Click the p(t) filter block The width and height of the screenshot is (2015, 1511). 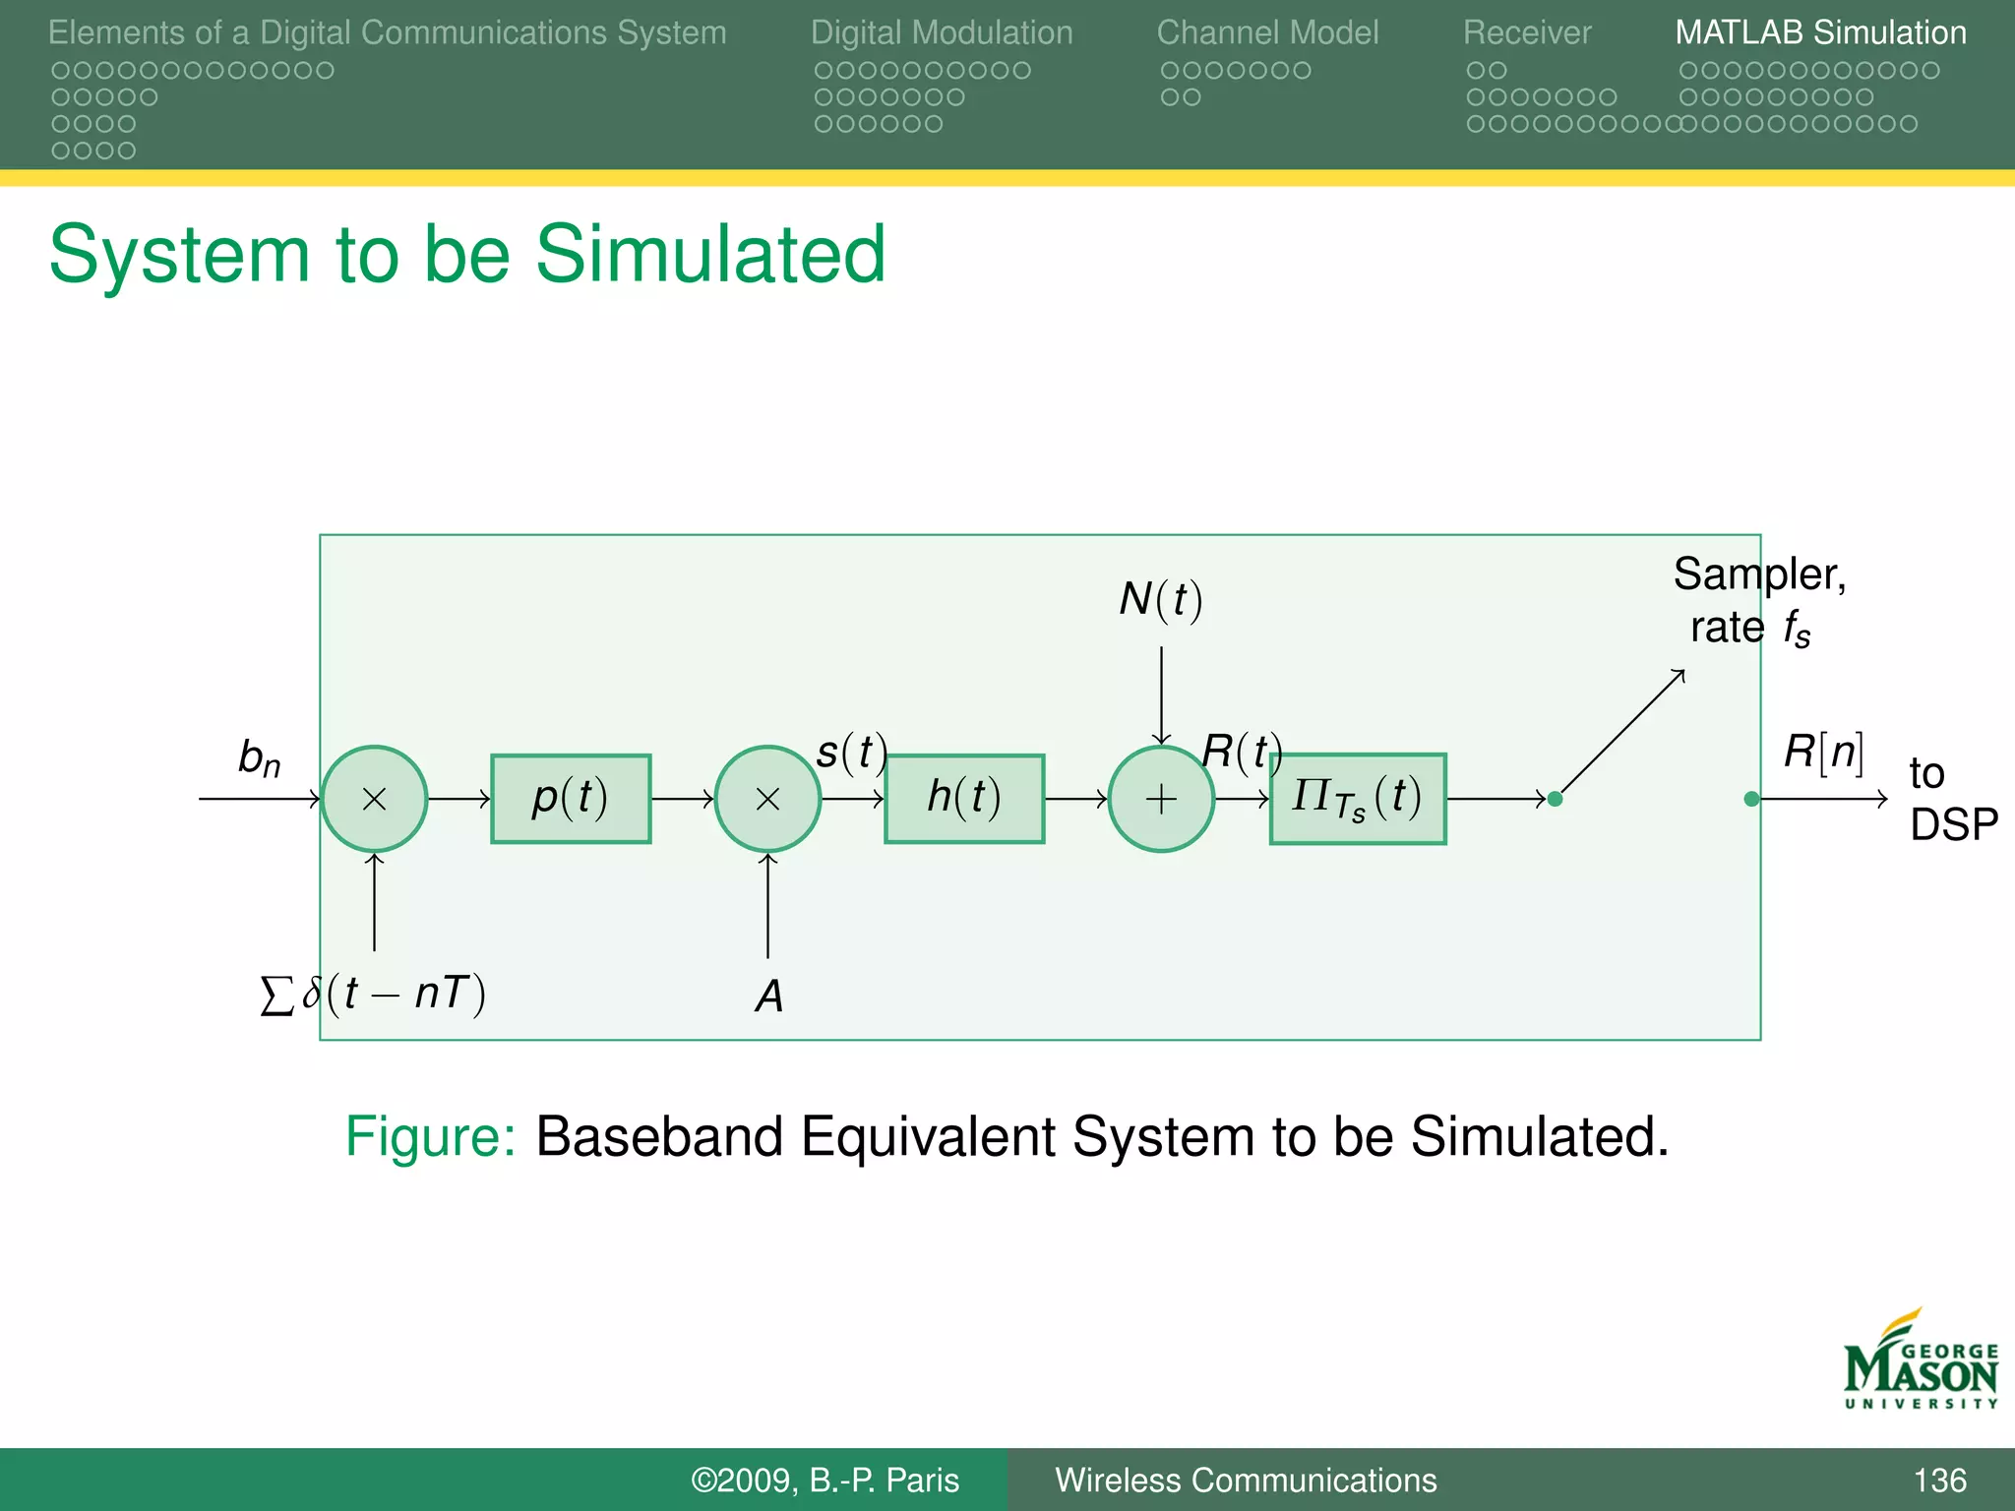pos(571,798)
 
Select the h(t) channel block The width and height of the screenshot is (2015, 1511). pos(964,798)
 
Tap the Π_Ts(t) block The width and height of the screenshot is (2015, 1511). pos(1358,798)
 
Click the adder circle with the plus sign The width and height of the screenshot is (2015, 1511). pos(1161,798)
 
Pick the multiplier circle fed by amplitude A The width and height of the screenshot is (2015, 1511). pos(767,798)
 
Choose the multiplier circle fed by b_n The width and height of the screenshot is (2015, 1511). pos(374,798)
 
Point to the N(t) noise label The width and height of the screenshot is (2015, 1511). pos(1161,599)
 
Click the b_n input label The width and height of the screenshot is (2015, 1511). pos(259,757)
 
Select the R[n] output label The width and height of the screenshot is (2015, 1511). pos(1824,753)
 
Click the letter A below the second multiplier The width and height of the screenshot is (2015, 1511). pos(769,997)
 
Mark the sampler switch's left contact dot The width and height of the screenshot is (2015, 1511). pos(1555,799)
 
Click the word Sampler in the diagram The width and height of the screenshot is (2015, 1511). pos(1759,574)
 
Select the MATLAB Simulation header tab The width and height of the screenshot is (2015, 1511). pos(1820,32)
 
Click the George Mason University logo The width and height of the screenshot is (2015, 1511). pos(1920,1360)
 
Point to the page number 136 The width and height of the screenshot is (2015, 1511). pos(1939,1481)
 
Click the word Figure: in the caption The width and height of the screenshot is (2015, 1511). pos(430,1137)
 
